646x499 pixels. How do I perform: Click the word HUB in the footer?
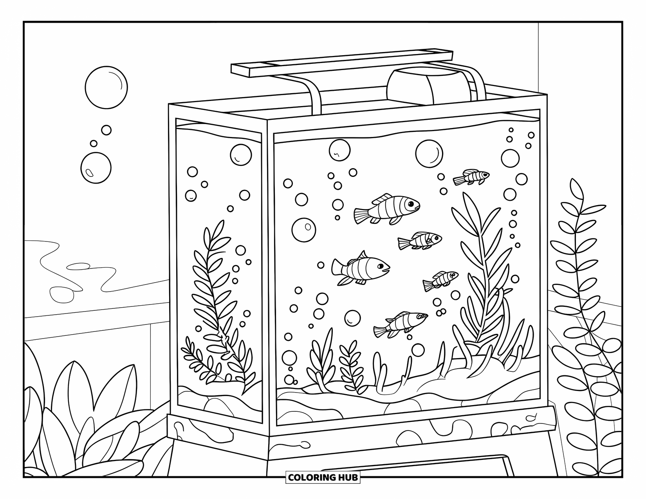coord(348,477)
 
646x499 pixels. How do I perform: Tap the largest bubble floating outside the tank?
coord(106,87)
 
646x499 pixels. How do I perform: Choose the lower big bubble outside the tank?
coord(96,168)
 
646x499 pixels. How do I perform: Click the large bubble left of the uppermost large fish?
coord(304,230)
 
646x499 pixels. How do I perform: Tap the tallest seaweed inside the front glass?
coord(480,266)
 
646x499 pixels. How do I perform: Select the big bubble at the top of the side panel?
coord(240,155)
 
